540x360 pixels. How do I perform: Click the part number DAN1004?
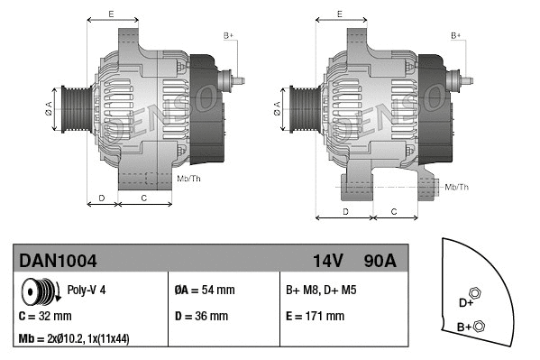click(x=59, y=261)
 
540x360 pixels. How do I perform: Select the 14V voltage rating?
click(x=328, y=261)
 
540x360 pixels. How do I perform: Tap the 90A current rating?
click(x=380, y=261)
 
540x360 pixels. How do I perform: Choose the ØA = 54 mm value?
click(x=204, y=291)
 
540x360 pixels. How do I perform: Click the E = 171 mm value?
click(x=315, y=316)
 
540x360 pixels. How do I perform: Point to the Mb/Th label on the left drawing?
click(x=189, y=179)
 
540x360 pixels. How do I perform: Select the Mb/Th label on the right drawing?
click(x=457, y=187)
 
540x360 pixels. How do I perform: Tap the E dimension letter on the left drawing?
click(x=111, y=14)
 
